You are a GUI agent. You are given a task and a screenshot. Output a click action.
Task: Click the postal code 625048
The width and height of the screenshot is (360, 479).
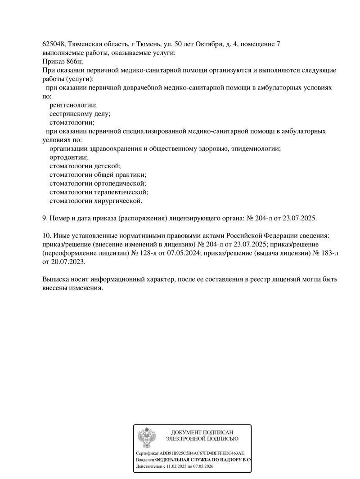pos(53,44)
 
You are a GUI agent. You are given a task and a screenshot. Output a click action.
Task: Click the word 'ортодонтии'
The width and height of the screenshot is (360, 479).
pos(68,157)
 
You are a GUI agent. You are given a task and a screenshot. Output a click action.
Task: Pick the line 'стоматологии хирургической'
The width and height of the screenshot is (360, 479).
pos(96,201)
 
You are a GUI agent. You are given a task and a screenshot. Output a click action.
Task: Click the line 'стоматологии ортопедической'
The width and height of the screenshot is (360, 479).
pos(98,183)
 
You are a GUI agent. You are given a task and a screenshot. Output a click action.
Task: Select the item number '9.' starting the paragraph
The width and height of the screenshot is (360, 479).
pos(45,218)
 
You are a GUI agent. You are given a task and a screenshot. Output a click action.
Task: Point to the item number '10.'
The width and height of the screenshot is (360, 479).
pos(47,236)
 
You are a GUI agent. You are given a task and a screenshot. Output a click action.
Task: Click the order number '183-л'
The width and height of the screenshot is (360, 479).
pos(329,253)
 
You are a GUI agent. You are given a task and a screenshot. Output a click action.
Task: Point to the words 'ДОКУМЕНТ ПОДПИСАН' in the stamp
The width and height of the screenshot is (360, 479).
pos(202,432)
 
